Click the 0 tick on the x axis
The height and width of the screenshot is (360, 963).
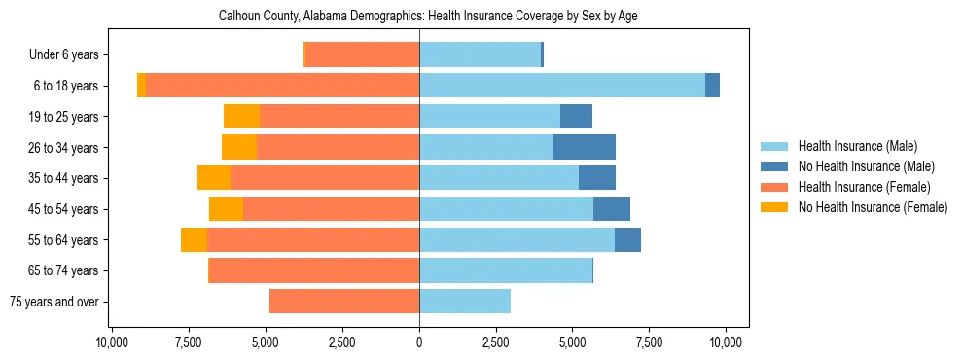pyautogui.click(x=419, y=342)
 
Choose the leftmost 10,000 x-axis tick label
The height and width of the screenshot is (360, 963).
pyautogui.click(x=113, y=342)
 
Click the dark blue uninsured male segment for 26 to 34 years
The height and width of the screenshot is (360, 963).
pyautogui.click(x=584, y=147)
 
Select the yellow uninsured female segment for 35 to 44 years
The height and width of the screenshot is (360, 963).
pyautogui.click(x=214, y=178)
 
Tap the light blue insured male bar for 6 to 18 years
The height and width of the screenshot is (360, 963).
pyautogui.click(x=562, y=86)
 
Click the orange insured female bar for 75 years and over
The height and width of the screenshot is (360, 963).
pyautogui.click(x=344, y=302)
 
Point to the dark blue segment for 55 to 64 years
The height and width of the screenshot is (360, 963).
pyautogui.click(x=627, y=239)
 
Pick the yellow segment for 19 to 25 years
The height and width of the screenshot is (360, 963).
pyautogui.click(x=241, y=117)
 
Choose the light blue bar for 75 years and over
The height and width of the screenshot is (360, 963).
pyautogui.click(x=465, y=302)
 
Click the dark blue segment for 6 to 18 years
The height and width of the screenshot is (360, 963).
pyautogui.click(x=712, y=86)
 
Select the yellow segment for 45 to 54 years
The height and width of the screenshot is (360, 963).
pyautogui.click(x=226, y=209)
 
